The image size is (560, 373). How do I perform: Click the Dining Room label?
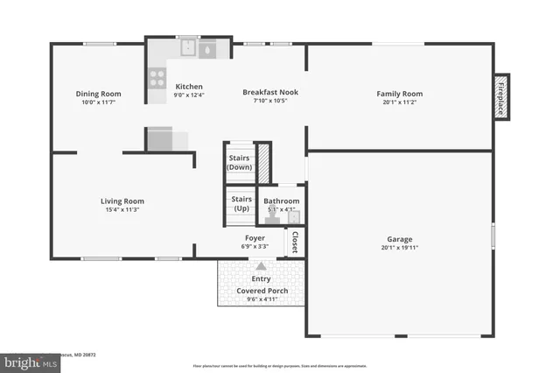click(98, 94)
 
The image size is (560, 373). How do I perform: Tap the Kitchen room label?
click(189, 87)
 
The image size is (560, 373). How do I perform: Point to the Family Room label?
click(399, 94)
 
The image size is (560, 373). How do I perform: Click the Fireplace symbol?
click(501, 95)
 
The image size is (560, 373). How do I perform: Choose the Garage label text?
click(399, 239)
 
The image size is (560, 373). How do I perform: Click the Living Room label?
click(122, 201)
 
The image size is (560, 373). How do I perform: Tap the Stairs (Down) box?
click(240, 162)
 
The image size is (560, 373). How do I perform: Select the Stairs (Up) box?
click(241, 204)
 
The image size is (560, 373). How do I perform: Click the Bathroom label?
click(282, 201)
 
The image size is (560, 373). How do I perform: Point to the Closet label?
click(296, 241)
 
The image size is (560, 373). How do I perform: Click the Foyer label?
click(255, 237)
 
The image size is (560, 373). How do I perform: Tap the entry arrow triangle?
click(261, 265)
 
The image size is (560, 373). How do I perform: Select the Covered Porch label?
click(261, 290)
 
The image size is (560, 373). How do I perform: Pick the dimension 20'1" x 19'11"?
click(399, 248)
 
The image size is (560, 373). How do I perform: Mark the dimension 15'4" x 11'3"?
click(122, 209)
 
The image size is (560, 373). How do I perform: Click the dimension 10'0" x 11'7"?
click(98, 102)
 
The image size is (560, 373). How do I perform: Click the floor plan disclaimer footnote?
click(280, 366)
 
